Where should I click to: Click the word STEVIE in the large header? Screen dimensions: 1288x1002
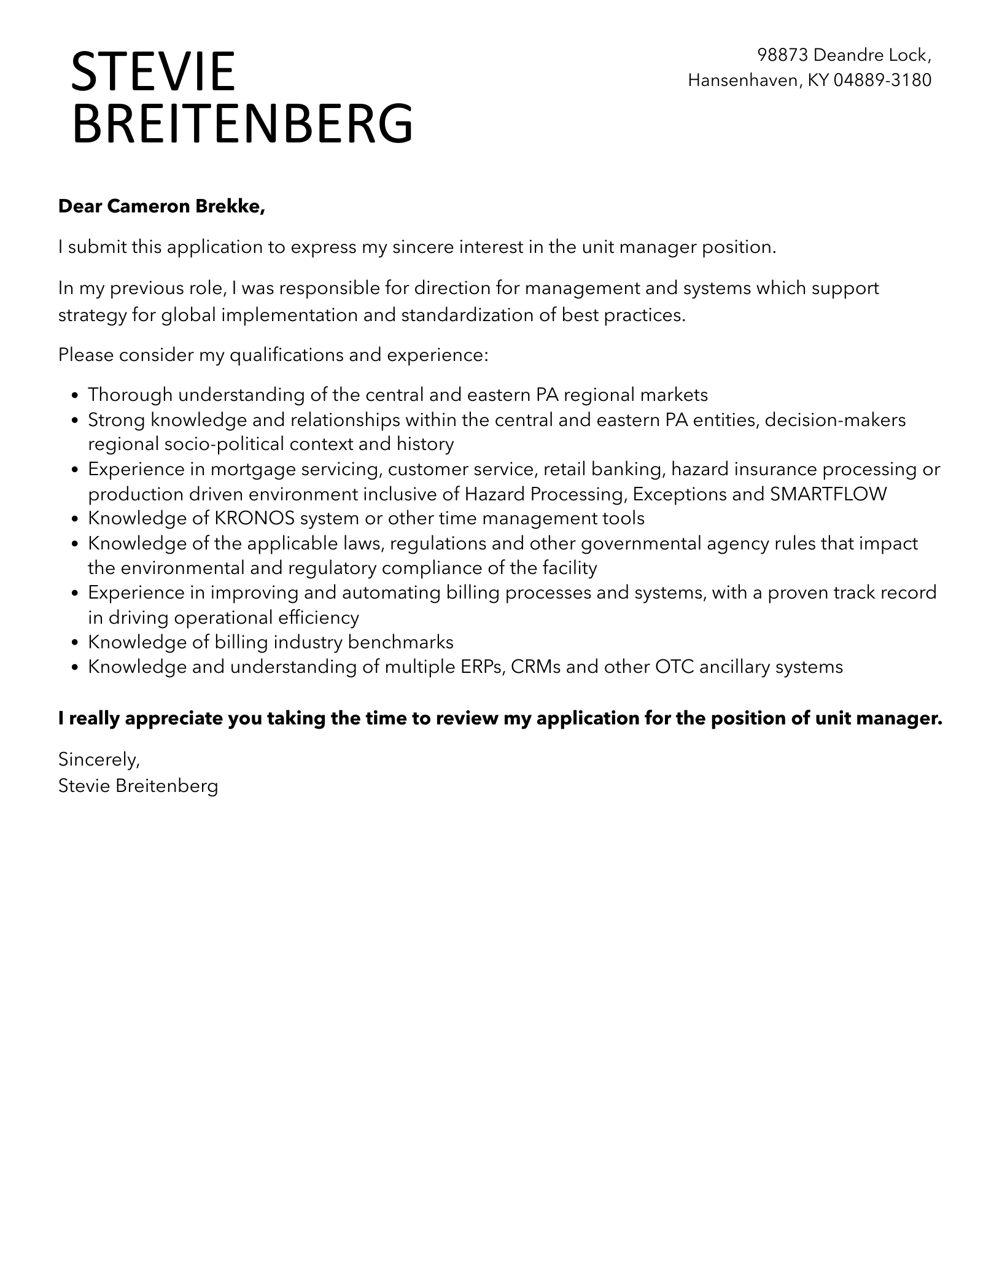[153, 72]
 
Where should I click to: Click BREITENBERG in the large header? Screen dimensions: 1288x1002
[243, 125]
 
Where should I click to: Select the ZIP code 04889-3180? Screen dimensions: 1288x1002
[882, 80]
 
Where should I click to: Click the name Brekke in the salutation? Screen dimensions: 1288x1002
[230, 207]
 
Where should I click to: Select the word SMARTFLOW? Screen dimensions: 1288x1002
[828, 494]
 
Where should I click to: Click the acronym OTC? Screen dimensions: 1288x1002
[675, 667]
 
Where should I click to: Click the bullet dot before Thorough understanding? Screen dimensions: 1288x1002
[75, 396]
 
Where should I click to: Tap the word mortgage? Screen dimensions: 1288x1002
[250, 470]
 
